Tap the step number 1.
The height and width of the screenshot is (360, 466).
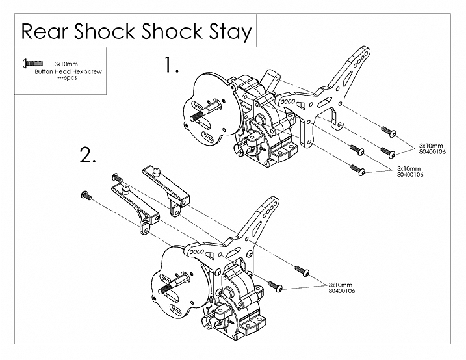click(x=172, y=65)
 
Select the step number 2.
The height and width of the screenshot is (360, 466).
click(x=88, y=155)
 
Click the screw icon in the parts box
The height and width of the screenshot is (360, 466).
click(x=32, y=63)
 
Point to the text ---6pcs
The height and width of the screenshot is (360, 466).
click(x=68, y=78)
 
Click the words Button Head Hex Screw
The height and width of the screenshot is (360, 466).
click(x=68, y=71)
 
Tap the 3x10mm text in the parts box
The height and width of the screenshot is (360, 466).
click(x=66, y=64)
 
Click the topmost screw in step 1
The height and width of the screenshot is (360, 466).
click(x=389, y=132)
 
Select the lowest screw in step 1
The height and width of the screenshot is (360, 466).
click(x=357, y=170)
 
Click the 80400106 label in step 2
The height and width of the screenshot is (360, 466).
click(x=341, y=290)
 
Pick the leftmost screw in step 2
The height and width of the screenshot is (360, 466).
click(x=86, y=195)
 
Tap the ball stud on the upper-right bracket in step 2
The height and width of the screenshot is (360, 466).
click(x=157, y=172)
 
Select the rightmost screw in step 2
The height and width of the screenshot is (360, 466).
click(x=302, y=271)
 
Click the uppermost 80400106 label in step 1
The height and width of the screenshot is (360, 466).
click(x=432, y=151)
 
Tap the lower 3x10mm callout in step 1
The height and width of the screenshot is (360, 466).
click(x=409, y=169)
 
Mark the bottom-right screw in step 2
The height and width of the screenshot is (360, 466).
click(x=275, y=286)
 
